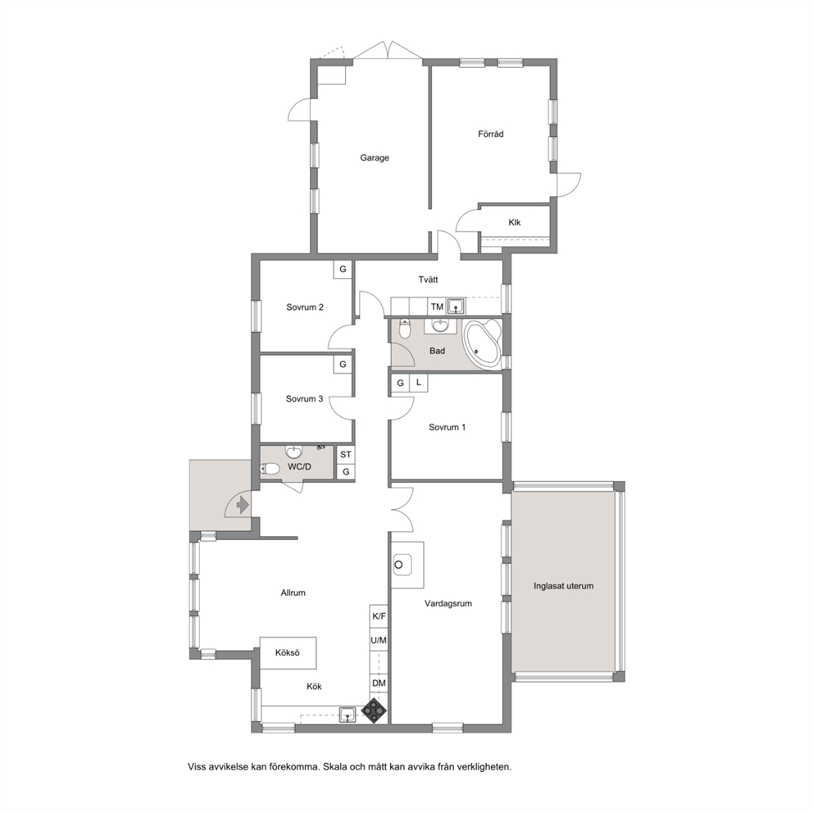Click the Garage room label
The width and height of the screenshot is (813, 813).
coord(375,157)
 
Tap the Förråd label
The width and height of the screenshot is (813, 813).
coord(490,134)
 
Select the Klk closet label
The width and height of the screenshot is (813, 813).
coord(515,222)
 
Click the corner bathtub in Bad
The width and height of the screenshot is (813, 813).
coord(483,344)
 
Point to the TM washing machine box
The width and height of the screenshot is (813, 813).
coord(437,307)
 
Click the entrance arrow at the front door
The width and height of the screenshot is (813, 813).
coord(242,504)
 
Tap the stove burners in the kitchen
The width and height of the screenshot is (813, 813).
coord(375,711)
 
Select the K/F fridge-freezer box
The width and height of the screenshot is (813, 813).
coord(379,616)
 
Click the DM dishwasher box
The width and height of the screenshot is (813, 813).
coord(379,684)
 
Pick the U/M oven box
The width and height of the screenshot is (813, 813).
coord(379,640)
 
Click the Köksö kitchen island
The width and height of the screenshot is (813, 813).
coord(288,653)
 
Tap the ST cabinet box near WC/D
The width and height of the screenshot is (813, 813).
coord(345,454)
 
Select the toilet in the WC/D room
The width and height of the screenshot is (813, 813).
coord(270,470)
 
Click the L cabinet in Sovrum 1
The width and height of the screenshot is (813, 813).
coord(419,383)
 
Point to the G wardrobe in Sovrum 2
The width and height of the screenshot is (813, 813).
coord(343,269)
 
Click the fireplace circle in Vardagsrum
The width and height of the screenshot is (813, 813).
coord(399,565)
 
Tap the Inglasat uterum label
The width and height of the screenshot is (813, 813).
coord(564,586)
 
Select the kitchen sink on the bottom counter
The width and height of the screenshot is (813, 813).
coord(347,715)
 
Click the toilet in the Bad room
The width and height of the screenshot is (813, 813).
coord(404,328)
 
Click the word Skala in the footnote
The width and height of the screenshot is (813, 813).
coord(334,766)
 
